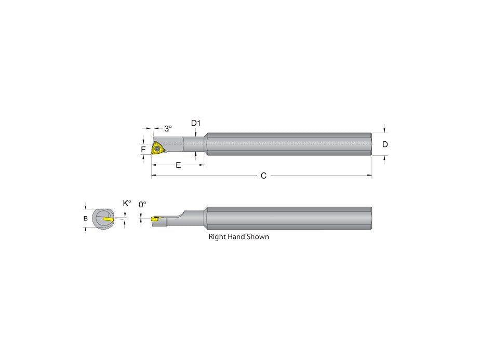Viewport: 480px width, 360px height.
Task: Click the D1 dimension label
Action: (x=195, y=123)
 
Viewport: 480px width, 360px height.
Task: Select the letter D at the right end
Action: (x=385, y=144)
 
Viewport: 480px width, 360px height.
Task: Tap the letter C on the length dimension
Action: (x=263, y=176)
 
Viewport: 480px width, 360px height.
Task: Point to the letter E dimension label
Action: (x=178, y=165)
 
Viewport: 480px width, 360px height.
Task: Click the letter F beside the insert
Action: (x=143, y=150)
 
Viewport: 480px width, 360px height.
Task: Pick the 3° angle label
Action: (x=168, y=128)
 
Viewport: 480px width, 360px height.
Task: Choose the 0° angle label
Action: (x=143, y=205)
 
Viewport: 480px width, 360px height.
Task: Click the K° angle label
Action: (x=126, y=203)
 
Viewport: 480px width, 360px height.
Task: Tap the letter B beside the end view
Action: (x=86, y=219)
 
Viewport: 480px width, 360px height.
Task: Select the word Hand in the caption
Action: (x=238, y=237)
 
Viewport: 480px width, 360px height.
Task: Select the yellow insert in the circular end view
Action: (x=108, y=219)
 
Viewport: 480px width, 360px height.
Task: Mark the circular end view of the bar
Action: (x=103, y=219)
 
